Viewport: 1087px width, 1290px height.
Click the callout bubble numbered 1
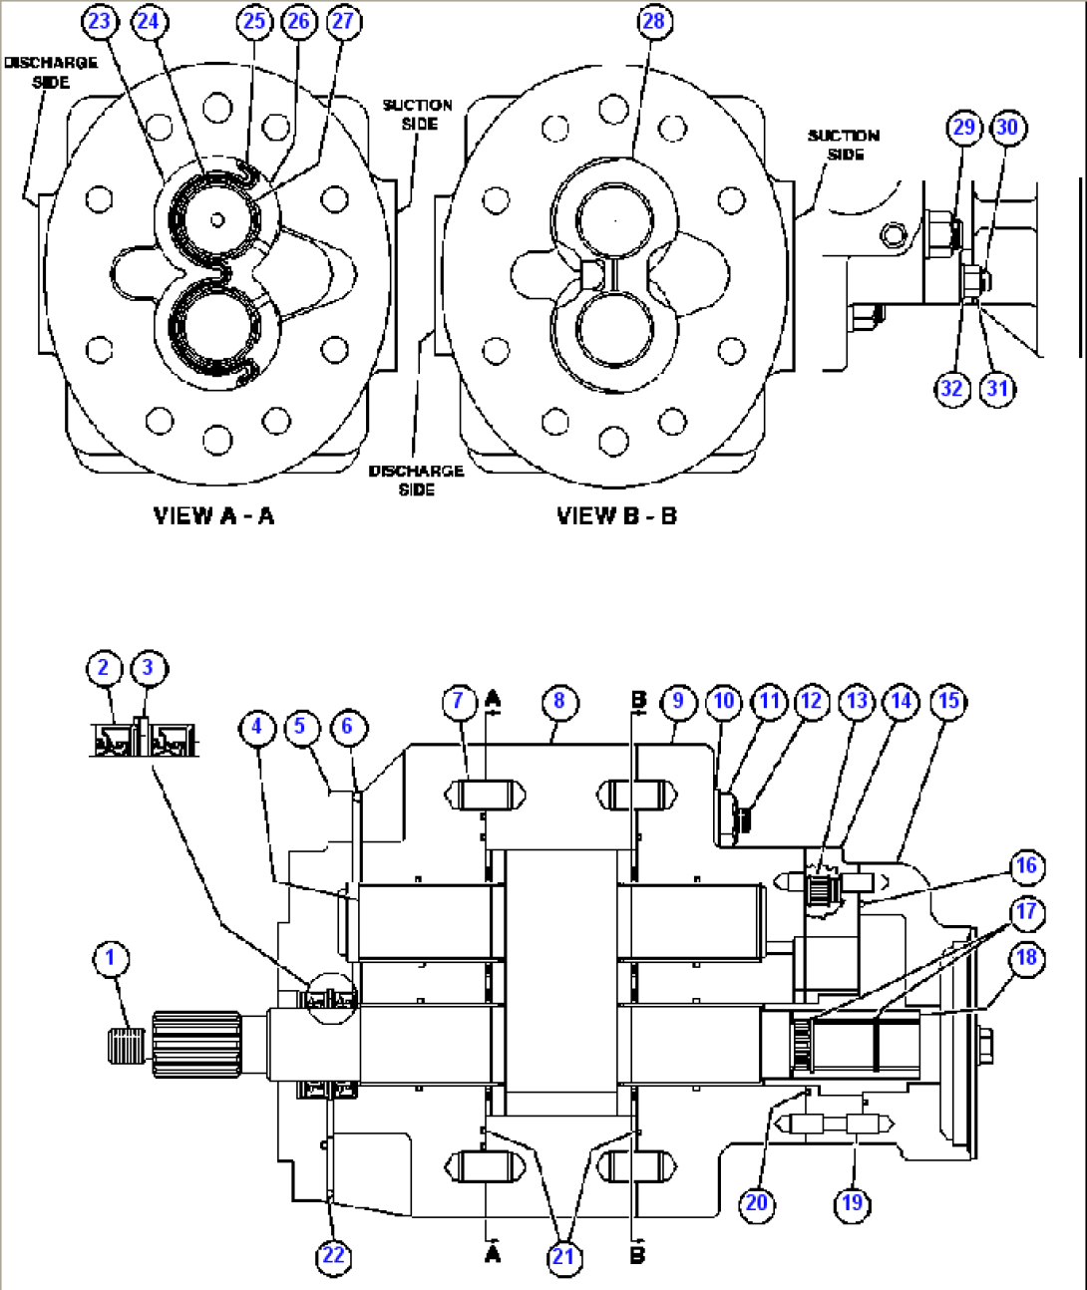(x=110, y=959)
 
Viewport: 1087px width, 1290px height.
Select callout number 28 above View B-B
(x=654, y=21)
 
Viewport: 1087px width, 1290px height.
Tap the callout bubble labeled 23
(x=101, y=21)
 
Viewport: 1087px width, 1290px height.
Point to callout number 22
(x=333, y=1255)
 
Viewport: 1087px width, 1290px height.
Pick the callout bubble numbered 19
(x=852, y=1202)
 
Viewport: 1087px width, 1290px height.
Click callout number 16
(x=1025, y=865)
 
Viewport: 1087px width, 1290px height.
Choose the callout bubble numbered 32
(x=952, y=388)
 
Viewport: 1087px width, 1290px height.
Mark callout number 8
(x=558, y=701)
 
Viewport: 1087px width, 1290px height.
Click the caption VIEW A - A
(x=213, y=515)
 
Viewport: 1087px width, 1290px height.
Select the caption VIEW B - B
(x=616, y=515)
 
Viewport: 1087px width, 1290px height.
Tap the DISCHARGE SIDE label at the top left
(x=51, y=72)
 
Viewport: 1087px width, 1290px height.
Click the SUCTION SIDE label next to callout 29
(x=844, y=145)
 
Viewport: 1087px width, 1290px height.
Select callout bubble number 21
(x=563, y=1256)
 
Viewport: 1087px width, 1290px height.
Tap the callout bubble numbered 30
(x=1007, y=127)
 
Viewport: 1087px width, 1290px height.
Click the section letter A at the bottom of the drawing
(x=492, y=1253)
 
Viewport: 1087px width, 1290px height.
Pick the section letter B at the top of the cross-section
(x=639, y=700)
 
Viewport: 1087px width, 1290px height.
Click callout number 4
(x=256, y=726)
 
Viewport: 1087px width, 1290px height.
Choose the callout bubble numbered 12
(x=812, y=701)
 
